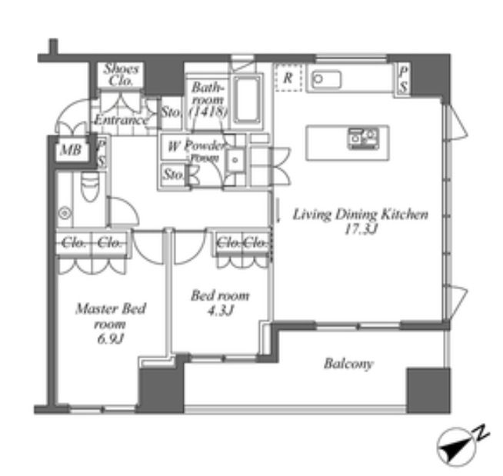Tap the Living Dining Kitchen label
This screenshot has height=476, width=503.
pyautogui.click(x=360, y=215)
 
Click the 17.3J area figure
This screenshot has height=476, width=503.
pyautogui.click(x=360, y=230)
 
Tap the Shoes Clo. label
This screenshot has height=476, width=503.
pyautogui.click(x=121, y=74)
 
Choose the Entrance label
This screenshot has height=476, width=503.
pyautogui.click(x=121, y=121)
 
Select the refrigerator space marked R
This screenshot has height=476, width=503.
pyautogui.click(x=287, y=78)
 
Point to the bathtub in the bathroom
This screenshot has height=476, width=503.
pyautogui.click(x=247, y=98)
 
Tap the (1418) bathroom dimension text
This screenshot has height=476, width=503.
pyautogui.click(x=208, y=112)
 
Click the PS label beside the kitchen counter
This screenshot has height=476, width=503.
pyautogui.click(x=403, y=80)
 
